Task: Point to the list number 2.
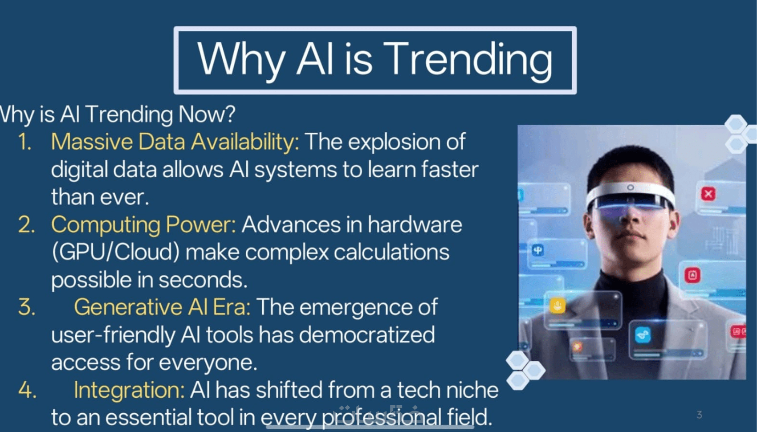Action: coord(26,224)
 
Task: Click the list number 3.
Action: coord(27,307)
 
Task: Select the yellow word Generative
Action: coord(128,307)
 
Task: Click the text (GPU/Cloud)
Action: coord(116,253)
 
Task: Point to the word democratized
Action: coord(366,334)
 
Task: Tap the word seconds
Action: coord(203,280)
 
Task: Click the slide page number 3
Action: coord(699,415)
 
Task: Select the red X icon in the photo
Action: coord(708,194)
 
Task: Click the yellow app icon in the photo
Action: coord(557,306)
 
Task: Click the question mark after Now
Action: coord(229,114)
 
